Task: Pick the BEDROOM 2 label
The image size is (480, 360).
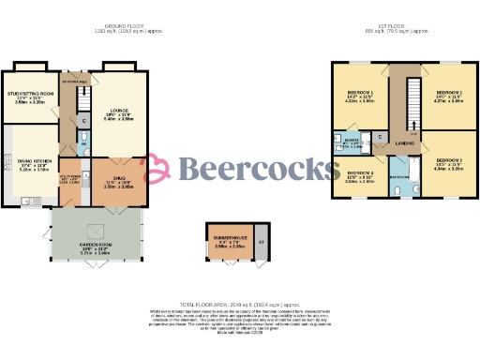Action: click(448, 92)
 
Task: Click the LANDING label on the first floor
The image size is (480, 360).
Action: click(405, 142)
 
